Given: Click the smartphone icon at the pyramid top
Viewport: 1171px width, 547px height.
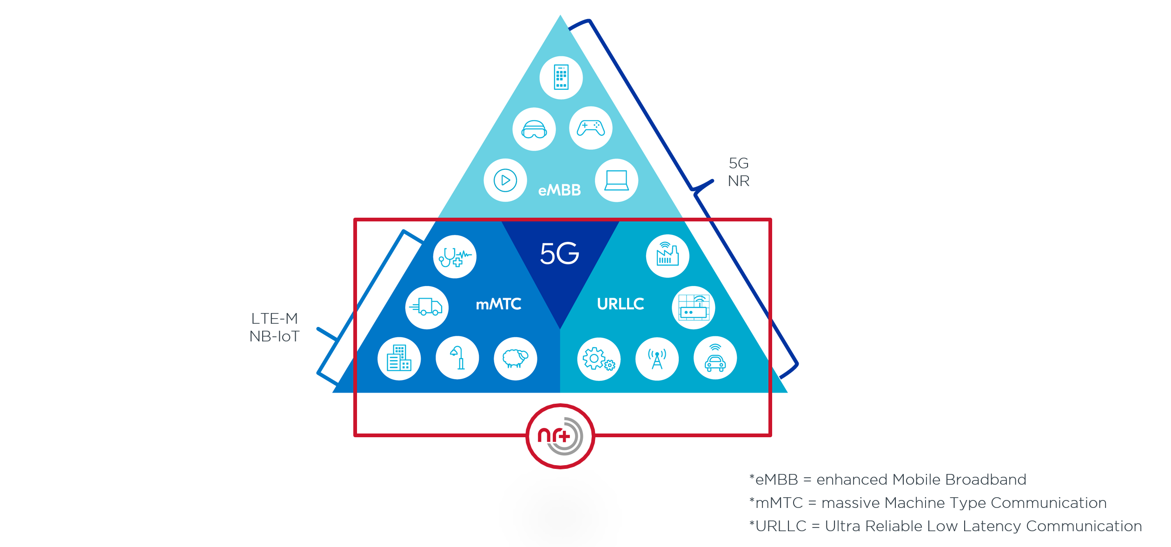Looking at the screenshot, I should coord(561,77).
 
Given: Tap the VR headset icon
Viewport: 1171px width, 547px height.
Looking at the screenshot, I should coord(534,129).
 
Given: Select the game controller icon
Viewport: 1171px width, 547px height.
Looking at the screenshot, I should coord(590,128).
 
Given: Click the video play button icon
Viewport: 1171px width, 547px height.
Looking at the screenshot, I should coord(505,180).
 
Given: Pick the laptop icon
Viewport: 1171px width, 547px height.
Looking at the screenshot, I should coord(616,180).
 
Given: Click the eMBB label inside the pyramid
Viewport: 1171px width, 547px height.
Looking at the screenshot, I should coord(560,190).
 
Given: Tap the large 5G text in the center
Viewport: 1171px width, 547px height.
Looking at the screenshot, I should coord(560,253).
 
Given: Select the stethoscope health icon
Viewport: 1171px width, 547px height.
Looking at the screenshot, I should coord(455,257).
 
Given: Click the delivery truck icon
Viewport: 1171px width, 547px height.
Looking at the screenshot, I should coord(427,307).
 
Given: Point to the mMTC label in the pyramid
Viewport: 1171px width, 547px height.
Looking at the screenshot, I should coord(498,304).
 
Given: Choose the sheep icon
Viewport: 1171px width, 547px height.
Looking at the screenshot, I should coord(515,359).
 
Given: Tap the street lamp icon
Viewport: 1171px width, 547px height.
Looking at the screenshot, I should coord(457,358).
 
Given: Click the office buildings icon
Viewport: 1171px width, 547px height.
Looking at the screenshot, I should coord(399,359).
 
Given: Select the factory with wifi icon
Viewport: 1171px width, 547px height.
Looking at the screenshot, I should coord(668,256).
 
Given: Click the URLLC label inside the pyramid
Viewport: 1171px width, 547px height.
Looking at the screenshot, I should coord(621,304).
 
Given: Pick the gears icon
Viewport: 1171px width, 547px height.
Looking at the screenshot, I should coord(599,359).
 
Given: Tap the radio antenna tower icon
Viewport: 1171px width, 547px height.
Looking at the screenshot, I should coord(657,359).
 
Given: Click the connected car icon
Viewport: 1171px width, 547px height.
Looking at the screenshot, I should coord(715,358).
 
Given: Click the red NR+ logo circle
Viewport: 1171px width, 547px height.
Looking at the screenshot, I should coord(560,436).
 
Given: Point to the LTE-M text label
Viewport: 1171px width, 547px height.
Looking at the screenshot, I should coord(274,319).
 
